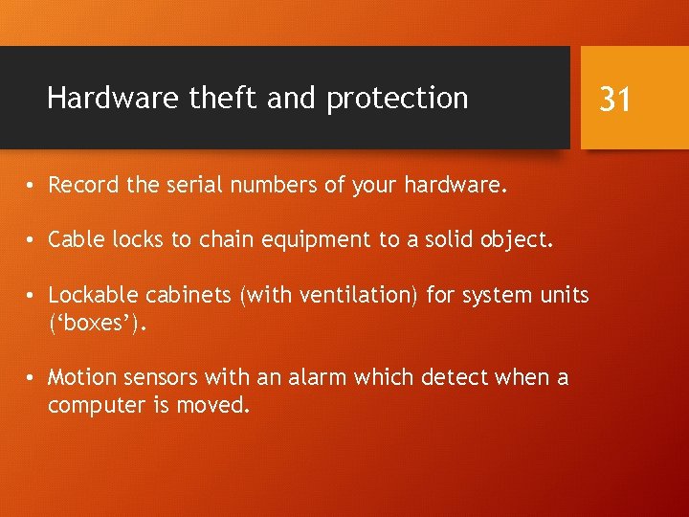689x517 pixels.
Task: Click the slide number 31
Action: point(614,98)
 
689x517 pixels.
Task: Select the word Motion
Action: point(81,378)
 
